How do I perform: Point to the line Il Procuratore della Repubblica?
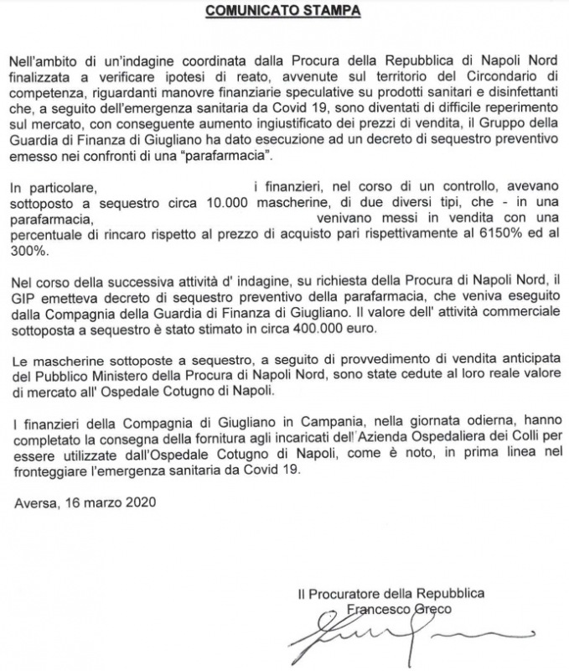(391, 594)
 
